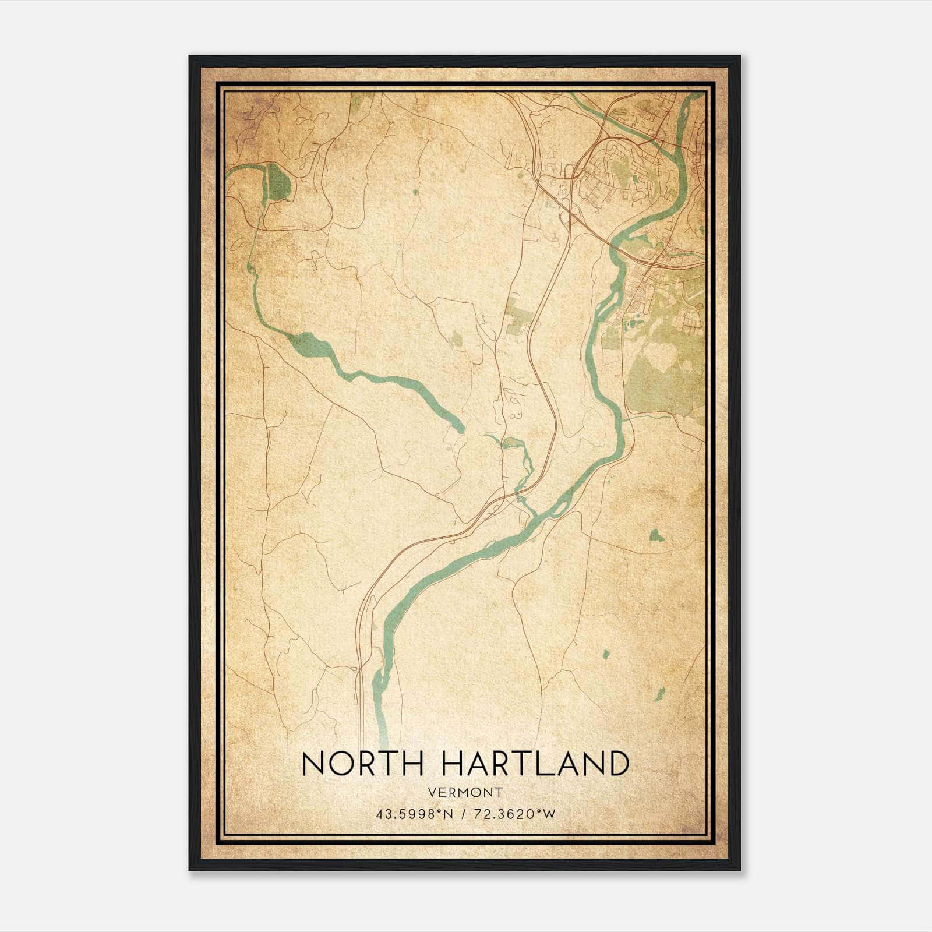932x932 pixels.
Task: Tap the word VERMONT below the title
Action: [465, 792]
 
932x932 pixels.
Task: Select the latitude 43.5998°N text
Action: [414, 814]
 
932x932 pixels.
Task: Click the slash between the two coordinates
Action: [464, 814]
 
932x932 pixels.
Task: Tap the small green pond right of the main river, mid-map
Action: [656, 534]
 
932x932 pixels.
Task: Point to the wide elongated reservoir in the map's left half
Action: [309, 346]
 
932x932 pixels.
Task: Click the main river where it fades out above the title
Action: [383, 728]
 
